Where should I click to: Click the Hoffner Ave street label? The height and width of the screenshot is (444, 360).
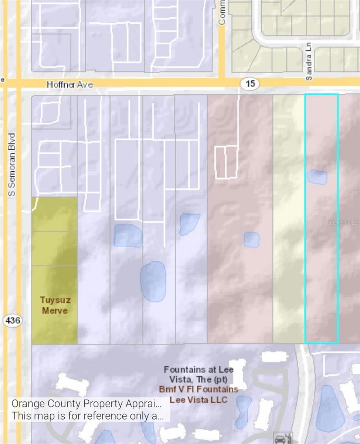tap(69, 85)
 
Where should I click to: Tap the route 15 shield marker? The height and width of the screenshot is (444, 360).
tap(250, 84)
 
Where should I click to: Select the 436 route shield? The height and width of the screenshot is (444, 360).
tap(13, 320)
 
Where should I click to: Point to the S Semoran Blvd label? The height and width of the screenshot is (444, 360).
tap(12, 164)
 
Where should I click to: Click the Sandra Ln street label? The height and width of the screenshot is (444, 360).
tap(309, 61)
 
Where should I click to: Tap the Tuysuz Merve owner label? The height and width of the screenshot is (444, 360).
tap(55, 305)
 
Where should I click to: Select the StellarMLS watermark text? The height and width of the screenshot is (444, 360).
tap(343, 222)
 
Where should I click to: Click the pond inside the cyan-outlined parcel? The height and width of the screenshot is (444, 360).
tap(317, 177)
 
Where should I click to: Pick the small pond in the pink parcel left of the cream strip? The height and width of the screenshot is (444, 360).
tap(252, 240)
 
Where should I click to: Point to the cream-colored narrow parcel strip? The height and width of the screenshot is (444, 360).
tap(289, 218)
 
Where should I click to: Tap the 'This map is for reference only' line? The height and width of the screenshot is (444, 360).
tap(87, 416)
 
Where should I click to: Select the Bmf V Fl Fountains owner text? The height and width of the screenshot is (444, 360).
tap(198, 389)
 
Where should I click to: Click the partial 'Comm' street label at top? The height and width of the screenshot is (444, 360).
tap(222, 13)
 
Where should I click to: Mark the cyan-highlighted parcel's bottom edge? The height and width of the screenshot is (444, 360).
tap(321, 343)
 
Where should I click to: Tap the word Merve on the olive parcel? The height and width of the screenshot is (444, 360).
tap(55, 310)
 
